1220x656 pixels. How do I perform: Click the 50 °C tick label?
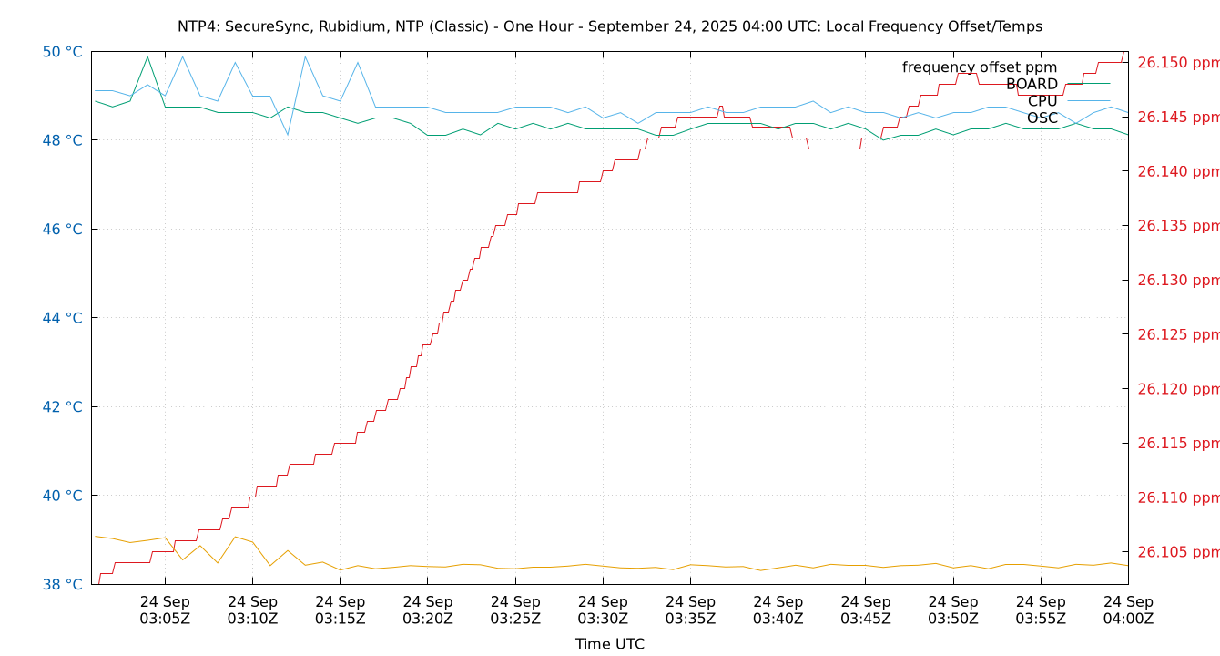(62, 52)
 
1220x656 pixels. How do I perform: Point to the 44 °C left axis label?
(62, 318)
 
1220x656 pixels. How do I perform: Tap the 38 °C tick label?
(62, 585)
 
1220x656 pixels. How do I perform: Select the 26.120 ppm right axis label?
(1178, 389)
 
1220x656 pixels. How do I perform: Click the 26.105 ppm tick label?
(1178, 552)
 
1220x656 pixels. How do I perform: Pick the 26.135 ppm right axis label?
(1178, 226)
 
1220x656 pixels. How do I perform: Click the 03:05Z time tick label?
(165, 610)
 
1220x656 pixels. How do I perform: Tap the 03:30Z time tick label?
(603, 610)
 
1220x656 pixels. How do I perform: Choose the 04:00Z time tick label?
(1128, 610)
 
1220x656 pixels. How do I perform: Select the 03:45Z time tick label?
(865, 610)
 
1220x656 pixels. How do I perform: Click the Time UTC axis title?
(610, 644)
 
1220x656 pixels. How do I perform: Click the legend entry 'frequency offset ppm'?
(980, 67)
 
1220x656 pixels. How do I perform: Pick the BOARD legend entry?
(1032, 85)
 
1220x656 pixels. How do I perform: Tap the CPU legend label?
(1042, 101)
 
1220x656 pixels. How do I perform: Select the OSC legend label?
(1042, 118)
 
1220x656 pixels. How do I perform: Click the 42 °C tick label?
(62, 407)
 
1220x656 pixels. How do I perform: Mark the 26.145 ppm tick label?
(1178, 118)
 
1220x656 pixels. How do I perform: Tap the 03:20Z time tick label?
(428, 610)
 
